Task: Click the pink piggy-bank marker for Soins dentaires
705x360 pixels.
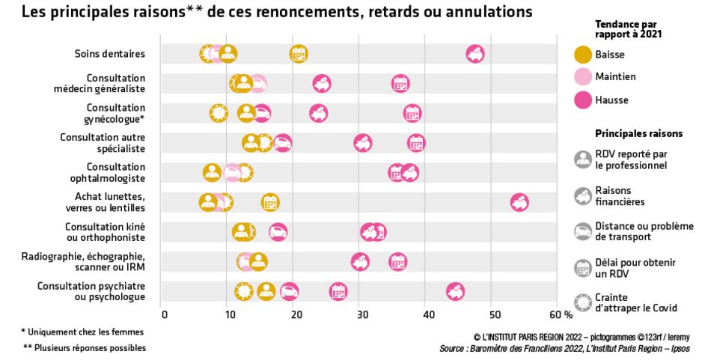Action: (474, 53)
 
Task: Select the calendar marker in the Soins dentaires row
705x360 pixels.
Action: (299, 53)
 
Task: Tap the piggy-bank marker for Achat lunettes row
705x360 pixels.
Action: (519, 202)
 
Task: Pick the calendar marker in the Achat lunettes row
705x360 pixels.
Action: (270, 202)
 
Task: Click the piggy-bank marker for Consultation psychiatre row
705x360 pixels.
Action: (454, 292)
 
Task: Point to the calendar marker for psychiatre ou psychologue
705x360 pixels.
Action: (338, 292)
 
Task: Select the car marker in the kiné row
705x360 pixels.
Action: (278, 232)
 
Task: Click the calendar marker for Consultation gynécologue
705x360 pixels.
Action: (412, 113)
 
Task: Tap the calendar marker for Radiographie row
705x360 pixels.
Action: (398, 261)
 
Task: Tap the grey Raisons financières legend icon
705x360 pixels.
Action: (582, 196)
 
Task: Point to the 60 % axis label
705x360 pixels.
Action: (561, 314)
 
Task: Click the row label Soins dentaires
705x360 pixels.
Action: (109, 53)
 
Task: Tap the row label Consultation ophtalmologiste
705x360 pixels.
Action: (105, 172)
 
